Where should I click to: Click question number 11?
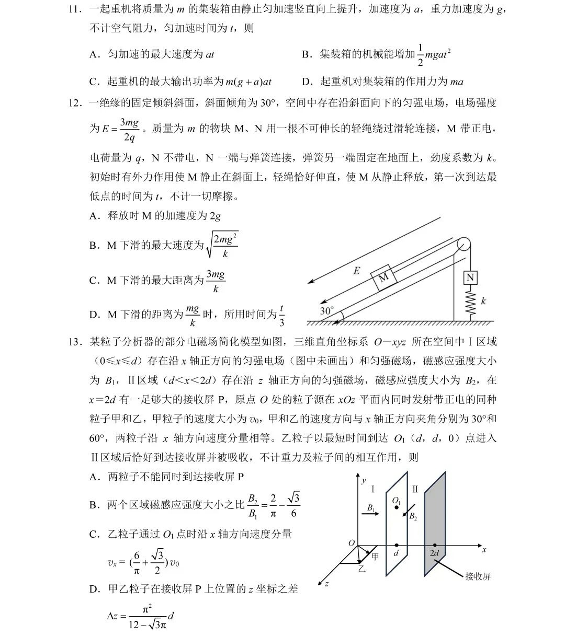click(74, 9)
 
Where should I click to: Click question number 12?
click(74, 103)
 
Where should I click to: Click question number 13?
click(74, 342)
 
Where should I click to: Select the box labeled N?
click(470, 277)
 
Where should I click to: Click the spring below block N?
click(470, 303)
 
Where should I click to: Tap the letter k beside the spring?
click(483, 301)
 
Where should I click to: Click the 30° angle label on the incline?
click(326, 310)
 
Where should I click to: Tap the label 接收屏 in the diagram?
click(478, 576)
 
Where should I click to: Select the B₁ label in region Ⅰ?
click(370, 507)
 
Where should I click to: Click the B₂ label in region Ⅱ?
click(413, 516)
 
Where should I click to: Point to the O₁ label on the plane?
click(397, 500)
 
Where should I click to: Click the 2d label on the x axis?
click(434, 553)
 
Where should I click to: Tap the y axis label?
click(364, 480)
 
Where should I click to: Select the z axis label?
click(326, 583)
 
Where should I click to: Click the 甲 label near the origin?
click(375, 557)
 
